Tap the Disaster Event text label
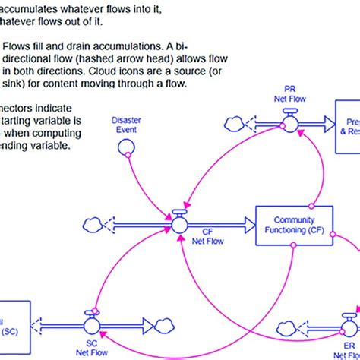[x=126, y=125]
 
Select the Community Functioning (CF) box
[x=288, y=225]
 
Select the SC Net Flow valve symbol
[x=93, y=324]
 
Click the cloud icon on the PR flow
[x=233, y=122]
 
